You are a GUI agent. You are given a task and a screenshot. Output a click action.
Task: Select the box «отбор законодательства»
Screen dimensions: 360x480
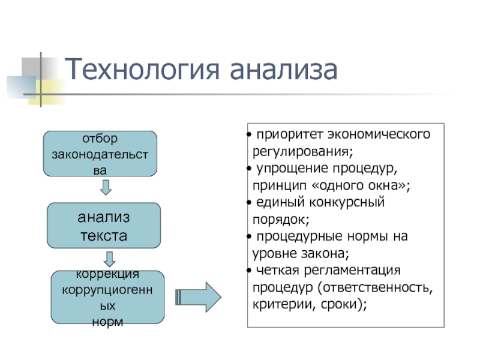(x=100, y=154)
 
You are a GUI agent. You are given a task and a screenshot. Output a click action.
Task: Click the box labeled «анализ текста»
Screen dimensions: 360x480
(x=104, y=226)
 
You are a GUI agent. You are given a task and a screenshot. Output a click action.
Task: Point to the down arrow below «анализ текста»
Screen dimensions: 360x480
(x=109, y=259)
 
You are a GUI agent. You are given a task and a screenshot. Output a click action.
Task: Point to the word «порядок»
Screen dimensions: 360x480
(x=278, y=219)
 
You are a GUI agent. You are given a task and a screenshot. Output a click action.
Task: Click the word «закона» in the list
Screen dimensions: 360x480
(x=327, y=253)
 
